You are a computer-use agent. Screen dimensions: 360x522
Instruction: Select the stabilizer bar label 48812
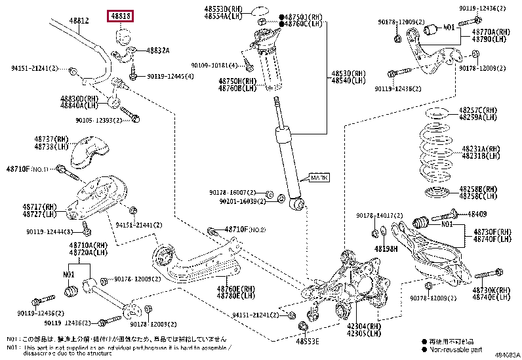79,20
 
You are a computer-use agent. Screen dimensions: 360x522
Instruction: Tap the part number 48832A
157,50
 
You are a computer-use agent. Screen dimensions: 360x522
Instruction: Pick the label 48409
477,214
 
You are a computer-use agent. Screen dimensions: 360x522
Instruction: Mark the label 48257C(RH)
478,110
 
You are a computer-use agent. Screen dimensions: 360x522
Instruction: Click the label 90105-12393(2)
98,120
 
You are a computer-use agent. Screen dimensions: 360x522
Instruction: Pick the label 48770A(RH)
491,31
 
